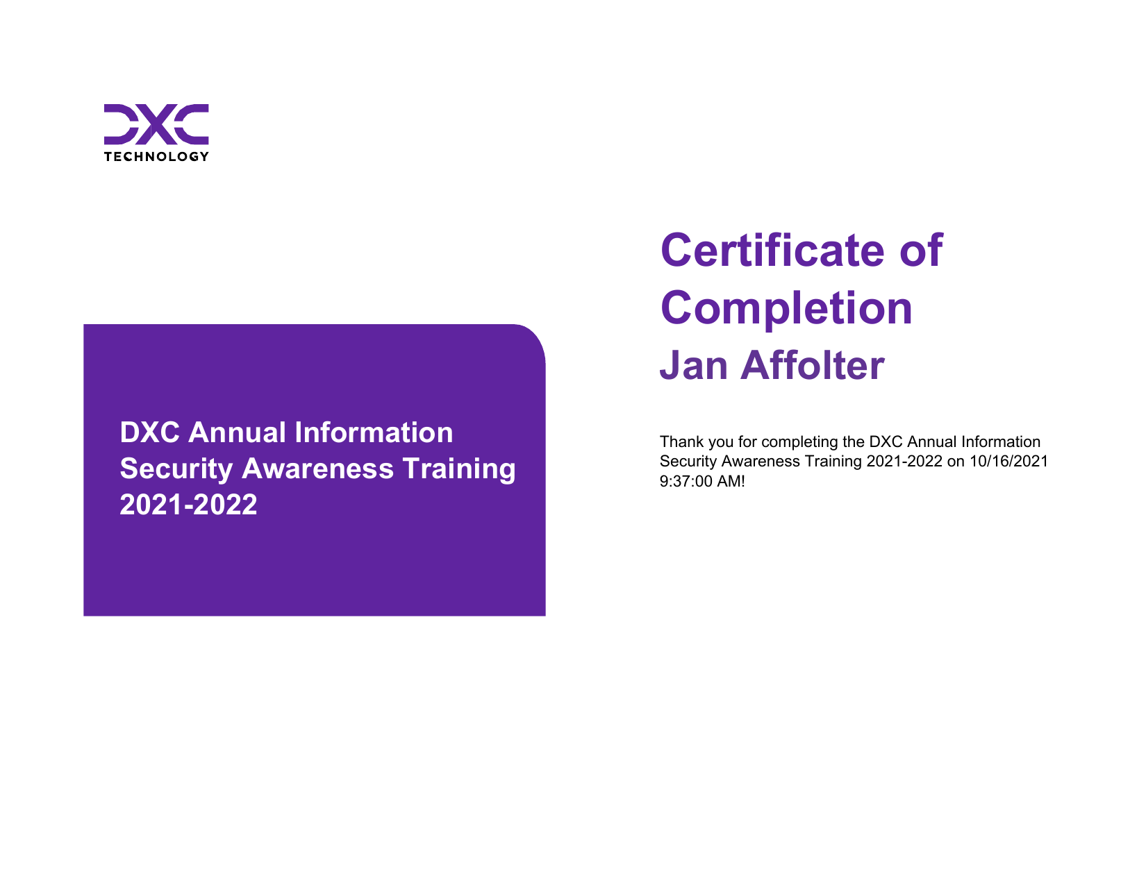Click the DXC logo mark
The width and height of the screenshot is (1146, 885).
(x=156, y=124)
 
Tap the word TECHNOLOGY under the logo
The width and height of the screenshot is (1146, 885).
(x=156, y=157)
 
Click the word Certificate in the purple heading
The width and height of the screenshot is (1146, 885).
(x=772, y=251)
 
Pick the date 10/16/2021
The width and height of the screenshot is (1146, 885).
(x=1009, y=461)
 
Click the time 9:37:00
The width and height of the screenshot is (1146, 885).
(x=686, y=481)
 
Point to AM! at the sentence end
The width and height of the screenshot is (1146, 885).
(x=731, y=481)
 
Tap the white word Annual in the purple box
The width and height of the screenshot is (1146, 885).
(x=238, y=432)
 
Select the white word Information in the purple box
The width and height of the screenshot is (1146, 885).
(x=374, y=432)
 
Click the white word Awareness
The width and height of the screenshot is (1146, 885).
(x=317, y=469)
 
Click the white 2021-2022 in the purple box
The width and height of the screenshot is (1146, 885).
(x=188, y=505)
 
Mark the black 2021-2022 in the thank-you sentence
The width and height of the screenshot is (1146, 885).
(x=904, y=461)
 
